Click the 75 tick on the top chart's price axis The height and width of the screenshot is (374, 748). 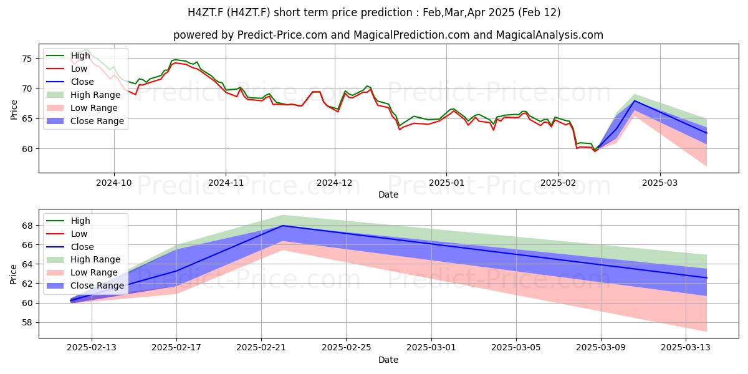coord(27,59)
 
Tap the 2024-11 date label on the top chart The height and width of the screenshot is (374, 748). coord(226,183)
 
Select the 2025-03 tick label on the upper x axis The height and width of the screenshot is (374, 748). coord(660,183)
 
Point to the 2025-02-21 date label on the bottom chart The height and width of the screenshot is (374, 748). coord(261,348)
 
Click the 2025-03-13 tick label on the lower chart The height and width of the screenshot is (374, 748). coord(686,348)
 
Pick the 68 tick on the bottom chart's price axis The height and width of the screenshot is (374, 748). coord(27,226)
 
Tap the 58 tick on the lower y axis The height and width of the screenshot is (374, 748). coord(27,323)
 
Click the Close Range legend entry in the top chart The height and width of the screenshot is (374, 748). coord(85,121)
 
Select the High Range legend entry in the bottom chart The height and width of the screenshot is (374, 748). coord(84,259)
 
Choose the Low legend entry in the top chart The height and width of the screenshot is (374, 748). coord(67,69)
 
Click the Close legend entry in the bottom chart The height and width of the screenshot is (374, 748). coord(70,247)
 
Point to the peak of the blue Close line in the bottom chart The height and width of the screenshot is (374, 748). coord(282,226)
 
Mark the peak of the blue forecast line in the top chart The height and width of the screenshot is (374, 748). coord(634,100)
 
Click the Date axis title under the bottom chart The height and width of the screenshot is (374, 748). coord(388,360)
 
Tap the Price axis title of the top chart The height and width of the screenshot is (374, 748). coord(14,110)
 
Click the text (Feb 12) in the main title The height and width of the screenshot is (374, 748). coord(539,12)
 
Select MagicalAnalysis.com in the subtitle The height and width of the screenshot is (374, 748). coord(550,35)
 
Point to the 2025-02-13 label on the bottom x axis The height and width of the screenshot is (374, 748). coord(92,348)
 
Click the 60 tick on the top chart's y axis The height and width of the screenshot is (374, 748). coord(27,149)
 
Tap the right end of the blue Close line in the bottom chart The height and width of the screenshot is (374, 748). coord(707,278)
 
